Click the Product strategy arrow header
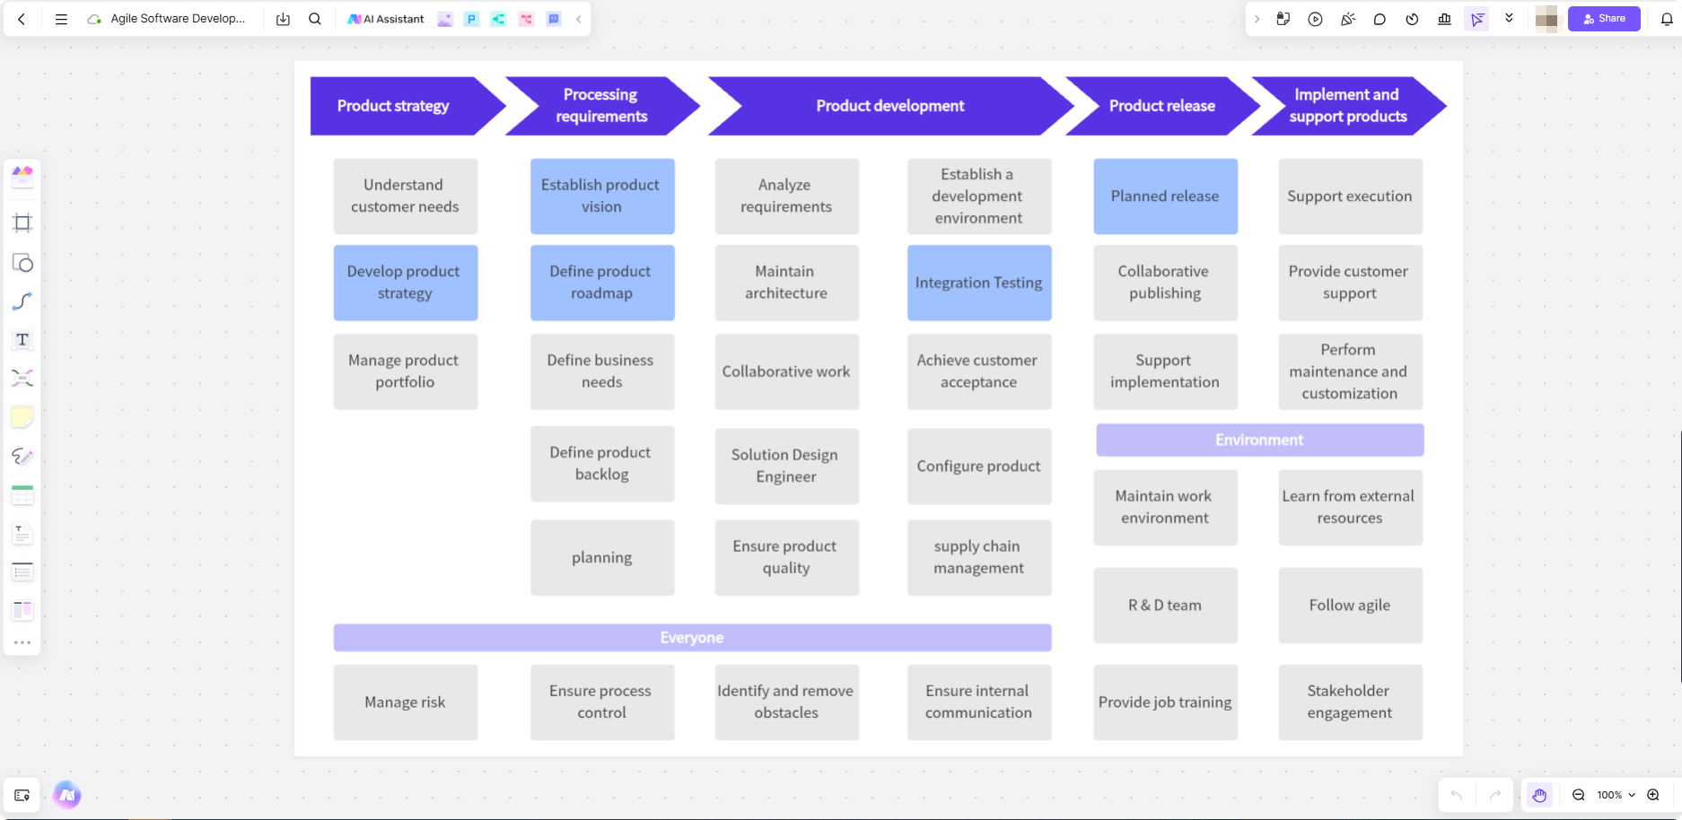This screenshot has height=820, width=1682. pos(393,106)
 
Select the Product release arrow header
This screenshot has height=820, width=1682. pos(1161,106)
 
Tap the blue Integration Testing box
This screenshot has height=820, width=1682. pos(978,283)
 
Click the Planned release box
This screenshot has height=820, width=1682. pos(1165,196)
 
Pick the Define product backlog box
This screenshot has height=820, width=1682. pos(601,464)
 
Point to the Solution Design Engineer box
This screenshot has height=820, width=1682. pos(785,466)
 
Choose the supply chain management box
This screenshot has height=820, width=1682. pos(978,557)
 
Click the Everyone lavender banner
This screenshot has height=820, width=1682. pos(692,638)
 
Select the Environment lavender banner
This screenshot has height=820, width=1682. pos(1259,440)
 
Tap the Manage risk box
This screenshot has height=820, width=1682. pos(405,702)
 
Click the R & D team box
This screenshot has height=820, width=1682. pos(1165,606)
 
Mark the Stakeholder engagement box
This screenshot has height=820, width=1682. pos(1350,702)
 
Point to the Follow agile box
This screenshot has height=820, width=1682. pos(1350,606)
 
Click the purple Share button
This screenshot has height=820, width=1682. pos(1604,19)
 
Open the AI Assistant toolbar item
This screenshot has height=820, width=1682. pos(386,19)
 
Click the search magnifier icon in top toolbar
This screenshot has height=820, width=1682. pos(315,19)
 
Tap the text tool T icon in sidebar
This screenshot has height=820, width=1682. pos(22,340)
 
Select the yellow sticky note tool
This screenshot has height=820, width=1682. pos(22,417)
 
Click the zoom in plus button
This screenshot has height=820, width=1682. pos(1653,795)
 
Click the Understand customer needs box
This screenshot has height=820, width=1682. pos(405,196)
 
